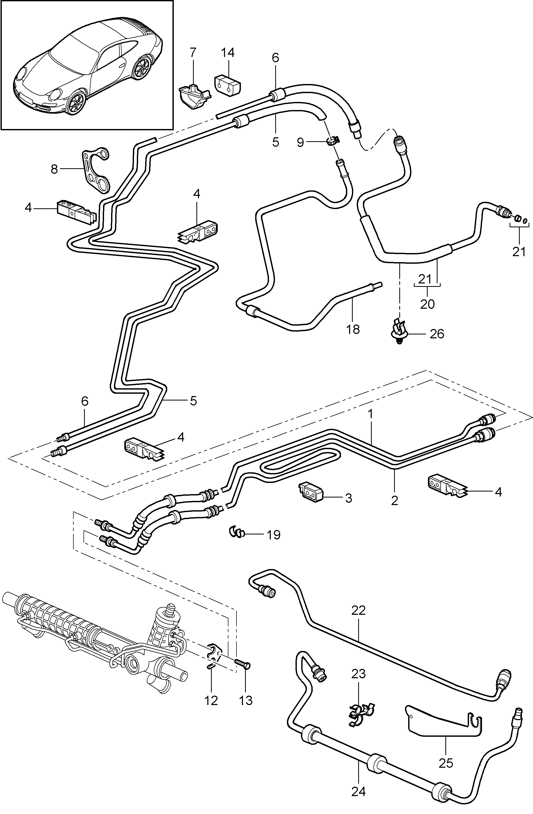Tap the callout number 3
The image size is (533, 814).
[x=348, y=498]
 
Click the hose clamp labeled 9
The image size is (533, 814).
[x=332, y=141]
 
